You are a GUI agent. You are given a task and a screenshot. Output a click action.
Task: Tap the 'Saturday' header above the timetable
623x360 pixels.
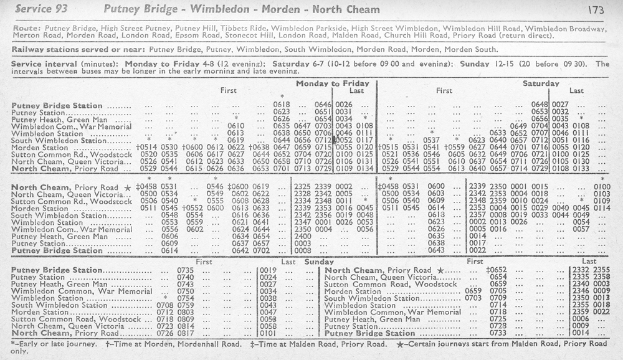(x=541, y=83)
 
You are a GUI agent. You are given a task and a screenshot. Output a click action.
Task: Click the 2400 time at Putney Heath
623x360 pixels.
(x=302, y=237)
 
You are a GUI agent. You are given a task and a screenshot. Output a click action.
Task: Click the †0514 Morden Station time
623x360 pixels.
(x=147, y=147)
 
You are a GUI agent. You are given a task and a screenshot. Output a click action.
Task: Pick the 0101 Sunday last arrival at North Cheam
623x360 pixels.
(x=268, y=334)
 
